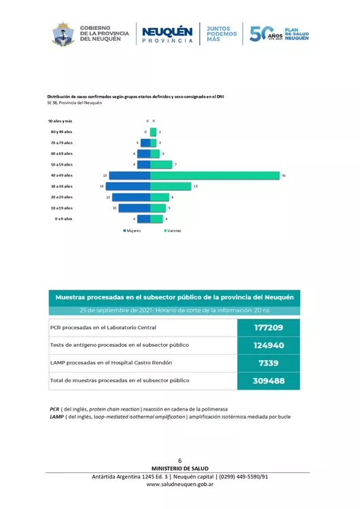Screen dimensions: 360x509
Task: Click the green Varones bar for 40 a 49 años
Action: coord(215,176)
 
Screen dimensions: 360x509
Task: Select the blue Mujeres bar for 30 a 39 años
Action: coord(130,186)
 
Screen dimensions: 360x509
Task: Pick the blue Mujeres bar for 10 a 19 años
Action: coord(134,208)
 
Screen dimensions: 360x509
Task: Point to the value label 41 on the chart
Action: coord(284,176)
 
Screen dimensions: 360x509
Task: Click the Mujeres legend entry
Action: coord(132,231)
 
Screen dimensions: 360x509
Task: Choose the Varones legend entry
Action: coord(171,231)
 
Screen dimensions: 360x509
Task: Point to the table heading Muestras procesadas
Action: coord(174,297)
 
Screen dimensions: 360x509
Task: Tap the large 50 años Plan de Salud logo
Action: coord(278,34)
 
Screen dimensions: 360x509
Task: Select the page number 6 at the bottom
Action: coord(179,461)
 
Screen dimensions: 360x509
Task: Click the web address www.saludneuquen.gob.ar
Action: coord(180,485)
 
